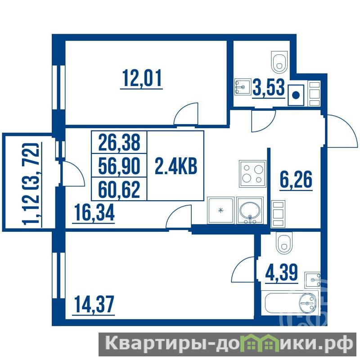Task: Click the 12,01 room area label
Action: click(142, 78)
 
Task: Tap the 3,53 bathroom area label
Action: click(269, 87)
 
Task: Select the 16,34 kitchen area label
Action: click(94, 213)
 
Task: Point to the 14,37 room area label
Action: click(94, 305)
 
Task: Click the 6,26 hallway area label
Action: click(296, 180)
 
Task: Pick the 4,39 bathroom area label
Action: click(282, 272)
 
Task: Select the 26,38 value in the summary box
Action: click(119, 142)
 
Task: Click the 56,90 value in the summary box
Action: click(119, 166)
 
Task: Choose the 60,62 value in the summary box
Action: click(119, 189)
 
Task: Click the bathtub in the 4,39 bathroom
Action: click(290, 303)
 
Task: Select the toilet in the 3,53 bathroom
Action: click(279, 62)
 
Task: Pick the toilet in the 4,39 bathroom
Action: click(284, 242)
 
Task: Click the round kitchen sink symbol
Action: click(250, 210)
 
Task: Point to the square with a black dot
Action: click(296, 95)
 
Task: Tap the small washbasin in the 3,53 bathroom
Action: click(243, 87)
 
